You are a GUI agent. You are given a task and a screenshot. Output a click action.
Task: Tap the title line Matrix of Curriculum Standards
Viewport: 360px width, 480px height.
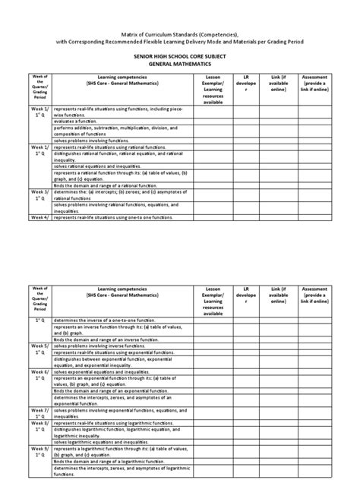tap(179, 33)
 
